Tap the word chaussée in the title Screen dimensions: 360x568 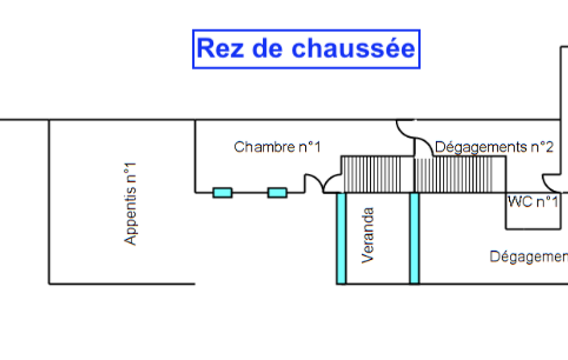353,49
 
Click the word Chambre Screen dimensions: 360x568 264,147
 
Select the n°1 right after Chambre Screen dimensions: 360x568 309,147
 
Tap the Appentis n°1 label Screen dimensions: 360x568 130,203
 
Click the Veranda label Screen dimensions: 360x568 367,235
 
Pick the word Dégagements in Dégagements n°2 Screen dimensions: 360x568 480,147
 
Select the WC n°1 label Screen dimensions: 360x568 533,202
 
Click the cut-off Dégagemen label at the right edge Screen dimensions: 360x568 528,257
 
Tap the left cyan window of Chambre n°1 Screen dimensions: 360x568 222,193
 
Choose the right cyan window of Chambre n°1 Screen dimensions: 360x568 277,193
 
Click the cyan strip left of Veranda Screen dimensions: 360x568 341,238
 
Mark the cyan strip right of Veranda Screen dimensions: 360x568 414,238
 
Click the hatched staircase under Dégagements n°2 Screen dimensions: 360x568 454,174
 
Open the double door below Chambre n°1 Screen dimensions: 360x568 323,184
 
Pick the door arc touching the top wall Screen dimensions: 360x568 406,128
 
